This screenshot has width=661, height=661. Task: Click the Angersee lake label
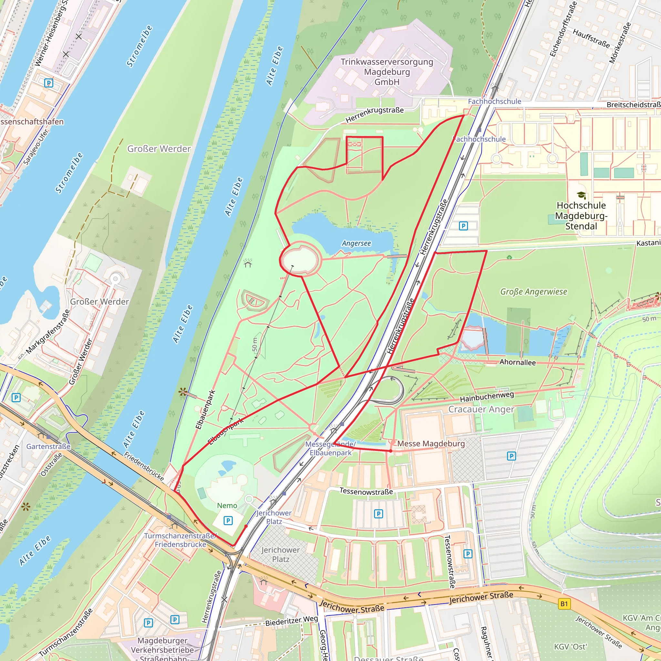click(x=356, y=243)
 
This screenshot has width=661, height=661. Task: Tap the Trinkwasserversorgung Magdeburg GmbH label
click(x=387, y=72)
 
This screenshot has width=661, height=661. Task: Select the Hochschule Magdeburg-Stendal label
click(x=581, y=216)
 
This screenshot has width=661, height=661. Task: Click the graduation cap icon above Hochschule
click(x=581, y=195)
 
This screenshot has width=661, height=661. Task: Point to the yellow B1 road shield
click(x=564, y=604)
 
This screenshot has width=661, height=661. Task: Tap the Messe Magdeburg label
click(x=431, y=443)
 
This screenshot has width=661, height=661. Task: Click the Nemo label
click(x=227, y=505)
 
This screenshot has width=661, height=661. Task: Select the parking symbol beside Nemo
click(x=228, y=520)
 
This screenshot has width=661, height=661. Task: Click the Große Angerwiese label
click(x=534, y=291)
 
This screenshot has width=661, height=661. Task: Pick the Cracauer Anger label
click(x=481, y=409)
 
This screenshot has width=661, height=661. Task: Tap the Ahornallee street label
click(x=517, y=362)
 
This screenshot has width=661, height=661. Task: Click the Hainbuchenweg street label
click(x=486, y=397)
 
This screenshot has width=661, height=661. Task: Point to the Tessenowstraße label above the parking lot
click(x=366, y=491)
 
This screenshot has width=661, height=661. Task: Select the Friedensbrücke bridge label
click(x=144, y=466)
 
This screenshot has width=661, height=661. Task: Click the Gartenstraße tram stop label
click(x=48, y=446)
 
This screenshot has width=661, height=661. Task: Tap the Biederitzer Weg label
click(x=291, y=621)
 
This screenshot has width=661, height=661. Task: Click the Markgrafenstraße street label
click(x=48, y=331)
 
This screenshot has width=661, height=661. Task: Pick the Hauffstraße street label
click(x=591, y=38)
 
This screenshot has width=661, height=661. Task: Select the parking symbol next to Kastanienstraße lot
click(x=463, y=226)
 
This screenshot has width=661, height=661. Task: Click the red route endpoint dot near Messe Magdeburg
click(x=391, y=451)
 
